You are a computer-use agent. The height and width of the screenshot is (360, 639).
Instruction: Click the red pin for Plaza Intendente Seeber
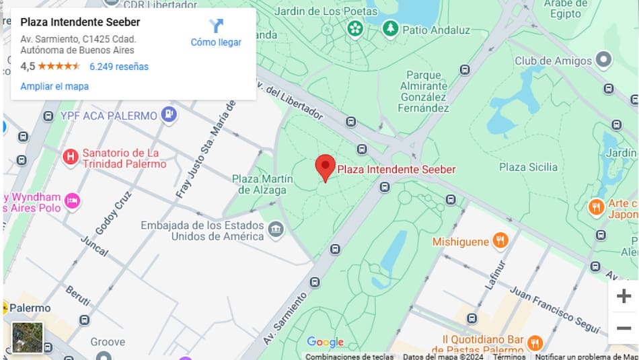click(326, 166)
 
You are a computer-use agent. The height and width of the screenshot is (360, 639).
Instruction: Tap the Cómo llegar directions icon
click(216, 26)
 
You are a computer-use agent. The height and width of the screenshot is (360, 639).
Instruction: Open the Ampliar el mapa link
click(54, 86)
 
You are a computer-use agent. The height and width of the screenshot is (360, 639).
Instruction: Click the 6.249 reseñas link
click(119, 67)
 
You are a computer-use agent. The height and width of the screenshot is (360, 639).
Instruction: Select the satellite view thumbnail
click(28, 338)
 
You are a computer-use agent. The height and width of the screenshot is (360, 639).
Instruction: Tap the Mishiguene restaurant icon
click(500, 240)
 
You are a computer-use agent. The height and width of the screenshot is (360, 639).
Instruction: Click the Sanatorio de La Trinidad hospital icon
click(70, 157)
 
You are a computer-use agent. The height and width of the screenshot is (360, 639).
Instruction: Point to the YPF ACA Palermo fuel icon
click(169, 115)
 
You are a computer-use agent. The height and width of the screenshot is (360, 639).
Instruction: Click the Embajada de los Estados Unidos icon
click(276, 230)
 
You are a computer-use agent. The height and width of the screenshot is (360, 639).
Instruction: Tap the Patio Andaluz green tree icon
click(390, 29)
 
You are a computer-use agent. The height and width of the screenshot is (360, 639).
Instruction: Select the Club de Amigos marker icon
click(603, 61)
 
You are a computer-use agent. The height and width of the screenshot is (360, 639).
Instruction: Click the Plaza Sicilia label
click(528, 167)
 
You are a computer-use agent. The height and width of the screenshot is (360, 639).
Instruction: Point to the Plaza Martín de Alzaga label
click(262, 184)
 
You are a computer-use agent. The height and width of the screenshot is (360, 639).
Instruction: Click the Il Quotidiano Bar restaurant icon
click(535, 343)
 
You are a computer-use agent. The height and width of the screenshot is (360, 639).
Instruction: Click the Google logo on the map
click(325, 342)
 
